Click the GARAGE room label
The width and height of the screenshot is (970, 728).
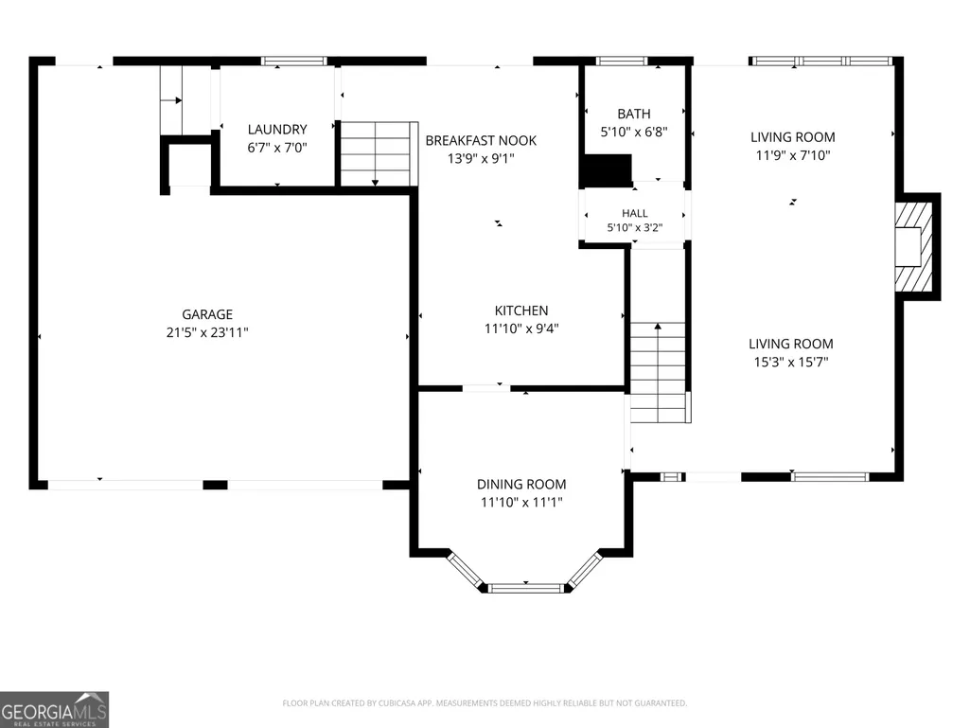tap(207, 314)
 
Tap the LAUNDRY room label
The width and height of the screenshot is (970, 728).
tap(277, 130)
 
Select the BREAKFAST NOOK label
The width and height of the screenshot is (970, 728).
tap(481, 140)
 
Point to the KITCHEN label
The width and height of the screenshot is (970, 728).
tap(521, 311)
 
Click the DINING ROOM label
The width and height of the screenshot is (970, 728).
tap(521, 484)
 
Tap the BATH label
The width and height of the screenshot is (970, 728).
tap(634, 114)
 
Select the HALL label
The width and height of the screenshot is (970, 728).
tap(635, 213)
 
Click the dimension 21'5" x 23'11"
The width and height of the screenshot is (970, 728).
tap(207, 332)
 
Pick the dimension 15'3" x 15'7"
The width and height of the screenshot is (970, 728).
tap(790, 362)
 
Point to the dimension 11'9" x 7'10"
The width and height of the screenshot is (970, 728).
tap(792, 155)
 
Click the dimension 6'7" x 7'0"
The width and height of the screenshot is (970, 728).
tap(277, 148)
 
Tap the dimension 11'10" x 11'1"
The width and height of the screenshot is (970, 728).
tap(521, 502)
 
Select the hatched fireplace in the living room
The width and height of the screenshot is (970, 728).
tap(914, 247)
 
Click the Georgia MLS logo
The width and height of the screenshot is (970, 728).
tap(55, 709)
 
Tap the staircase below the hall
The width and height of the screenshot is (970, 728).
tap(660, 372)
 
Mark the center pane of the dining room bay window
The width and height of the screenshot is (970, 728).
tap(526, 588)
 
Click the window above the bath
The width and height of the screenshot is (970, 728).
tap(622, 61)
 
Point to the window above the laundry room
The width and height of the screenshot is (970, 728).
tap(294, 61)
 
